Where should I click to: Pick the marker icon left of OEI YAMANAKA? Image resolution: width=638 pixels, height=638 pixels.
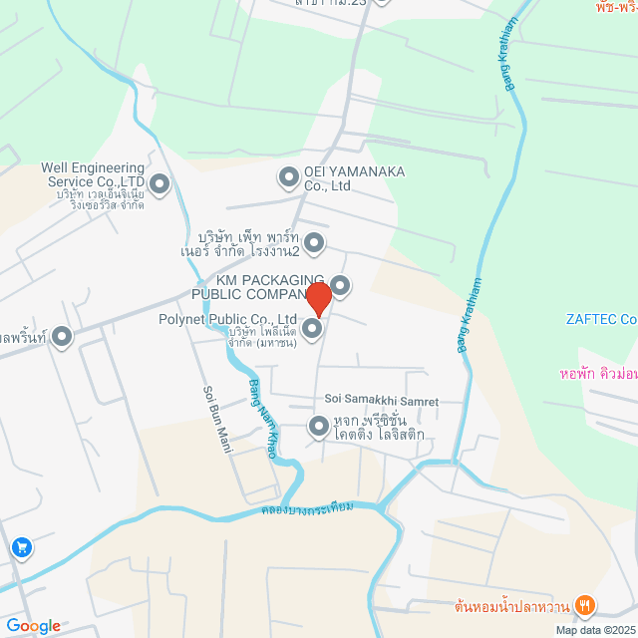tap(288, 178)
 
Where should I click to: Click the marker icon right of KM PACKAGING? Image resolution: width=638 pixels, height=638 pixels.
tap(340, 286)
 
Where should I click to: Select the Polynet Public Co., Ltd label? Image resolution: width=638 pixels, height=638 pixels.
tap(228, 320)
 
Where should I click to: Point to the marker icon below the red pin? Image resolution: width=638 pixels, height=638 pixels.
tap(312, 328)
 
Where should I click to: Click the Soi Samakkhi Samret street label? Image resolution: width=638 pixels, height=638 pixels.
tap(382, 401)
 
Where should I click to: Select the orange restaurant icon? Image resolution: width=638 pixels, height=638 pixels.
tap(586, 604)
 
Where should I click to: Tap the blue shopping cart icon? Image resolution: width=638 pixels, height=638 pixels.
tap(21, 547)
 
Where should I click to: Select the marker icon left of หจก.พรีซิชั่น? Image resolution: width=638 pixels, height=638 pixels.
tap(319, 428)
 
